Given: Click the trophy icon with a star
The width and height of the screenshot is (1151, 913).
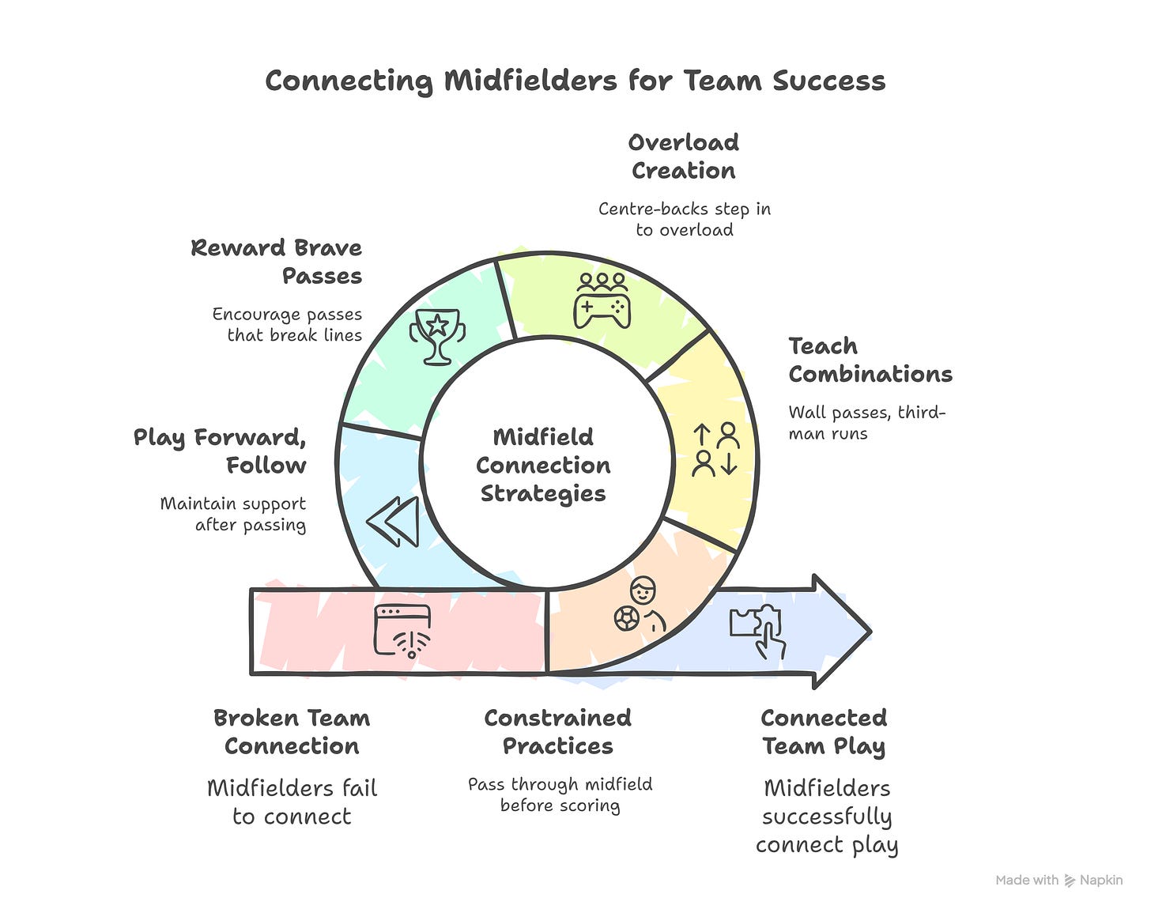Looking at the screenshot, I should [x=437, y=337].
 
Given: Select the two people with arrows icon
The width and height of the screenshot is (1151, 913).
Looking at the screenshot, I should [x=715, y=449].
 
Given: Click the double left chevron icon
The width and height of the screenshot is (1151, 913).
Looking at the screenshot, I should [x=393, y=522].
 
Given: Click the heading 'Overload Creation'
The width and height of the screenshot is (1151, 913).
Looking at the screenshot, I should [x=684, y=157].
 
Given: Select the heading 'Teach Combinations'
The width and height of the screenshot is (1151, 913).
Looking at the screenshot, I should [x=870, y=360].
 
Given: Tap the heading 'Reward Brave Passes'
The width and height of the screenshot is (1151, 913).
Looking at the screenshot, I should [x=277, y=262].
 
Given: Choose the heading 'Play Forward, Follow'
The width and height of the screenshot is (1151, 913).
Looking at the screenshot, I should [x=221, y=451].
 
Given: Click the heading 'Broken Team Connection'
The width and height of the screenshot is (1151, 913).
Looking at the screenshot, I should [x=292, y=732].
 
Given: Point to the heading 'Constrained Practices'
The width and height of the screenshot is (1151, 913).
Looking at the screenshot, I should [x=558, y=732].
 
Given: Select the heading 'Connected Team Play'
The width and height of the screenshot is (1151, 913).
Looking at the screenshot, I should [x=824, y=732].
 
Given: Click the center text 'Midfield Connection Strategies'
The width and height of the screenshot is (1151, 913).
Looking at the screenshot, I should [x=543, y=465].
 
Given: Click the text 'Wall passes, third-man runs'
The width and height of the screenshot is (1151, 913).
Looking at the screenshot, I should [x=866, y=423].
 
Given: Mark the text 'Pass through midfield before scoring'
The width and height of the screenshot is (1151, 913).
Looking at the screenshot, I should [x=560, y=794].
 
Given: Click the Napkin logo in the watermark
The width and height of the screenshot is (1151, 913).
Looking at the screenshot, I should [x=1070, y=881].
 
